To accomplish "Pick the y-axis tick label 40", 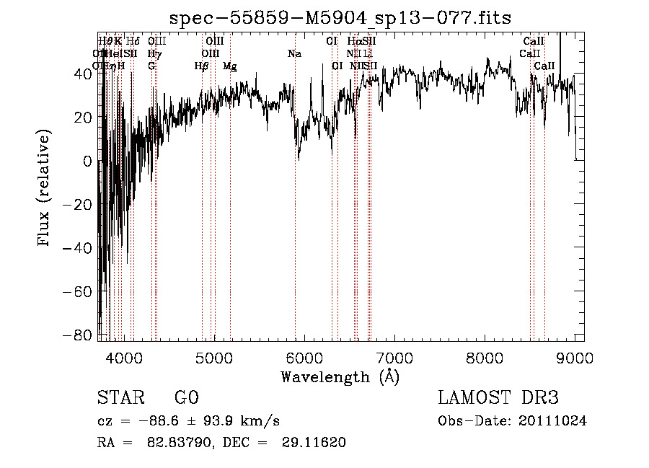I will tap(83, 74).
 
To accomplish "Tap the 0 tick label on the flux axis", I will tap(88, 162).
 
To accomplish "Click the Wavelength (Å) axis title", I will tap(340, 376).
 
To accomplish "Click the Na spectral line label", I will tap(294, 53).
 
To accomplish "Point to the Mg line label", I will tap(230, 66).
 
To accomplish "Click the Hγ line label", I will tap(153, 53).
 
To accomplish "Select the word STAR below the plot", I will tap(120, 398).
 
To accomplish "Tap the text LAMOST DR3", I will tap(498, 398).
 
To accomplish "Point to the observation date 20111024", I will tap(552, 421).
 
